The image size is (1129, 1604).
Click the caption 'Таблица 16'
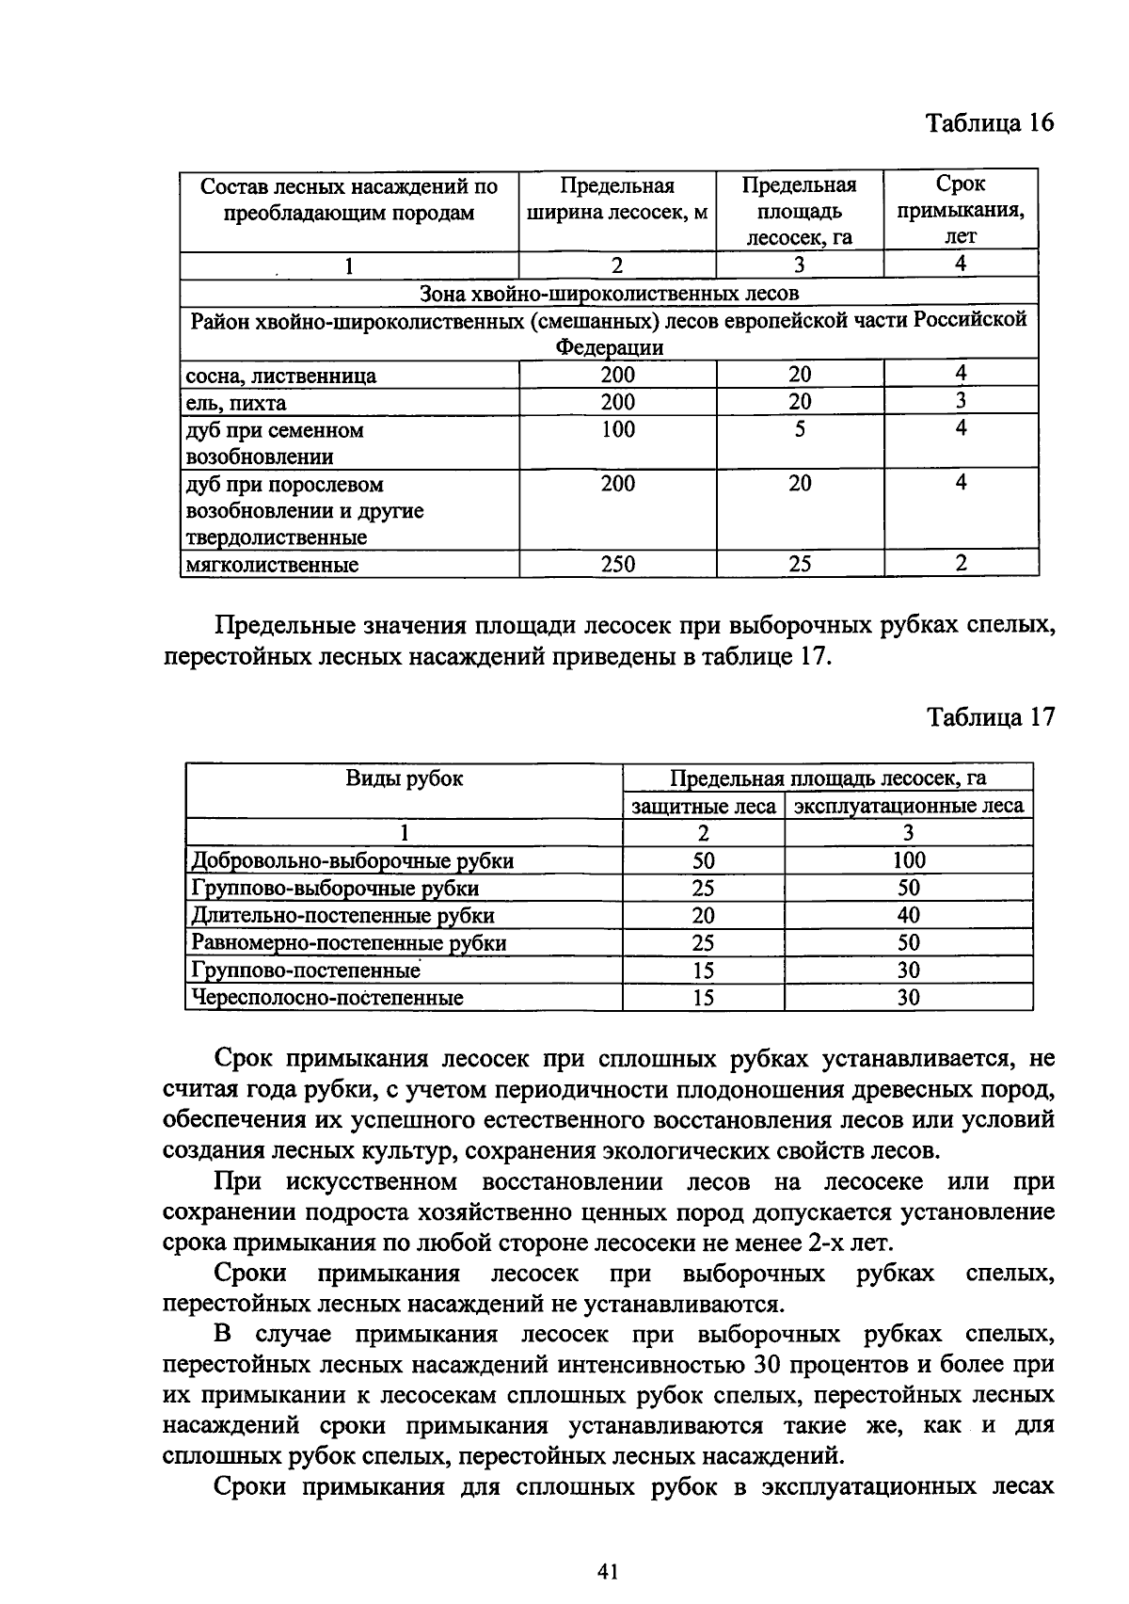coord(990,123)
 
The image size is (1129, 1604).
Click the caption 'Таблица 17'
coord(990,717)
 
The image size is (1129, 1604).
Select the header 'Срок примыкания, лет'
coord(960,210)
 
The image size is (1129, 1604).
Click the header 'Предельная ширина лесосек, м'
coord(617,199)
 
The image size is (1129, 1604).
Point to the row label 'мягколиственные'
coord(273,565)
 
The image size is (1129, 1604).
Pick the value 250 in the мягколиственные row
coord(617,565)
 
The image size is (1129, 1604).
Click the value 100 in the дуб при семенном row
coord(617,430)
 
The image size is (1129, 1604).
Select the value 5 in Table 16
coord(799,430)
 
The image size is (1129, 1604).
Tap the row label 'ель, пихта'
coord(236,404)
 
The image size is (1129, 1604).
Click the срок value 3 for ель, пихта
coord(960,402)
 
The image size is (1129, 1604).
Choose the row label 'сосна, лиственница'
coord(281,377)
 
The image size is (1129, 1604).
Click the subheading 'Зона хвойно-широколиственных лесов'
coord(609,293)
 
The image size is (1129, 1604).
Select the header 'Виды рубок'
coord(404,779)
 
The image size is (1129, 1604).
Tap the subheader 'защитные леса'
coord(703,807)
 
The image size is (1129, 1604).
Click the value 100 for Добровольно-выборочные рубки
coord(908,860)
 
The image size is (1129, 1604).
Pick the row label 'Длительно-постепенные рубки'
coord(342,916)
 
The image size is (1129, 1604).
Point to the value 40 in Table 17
coord(908,915)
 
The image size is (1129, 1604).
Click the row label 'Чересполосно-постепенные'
coord(327,998)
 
